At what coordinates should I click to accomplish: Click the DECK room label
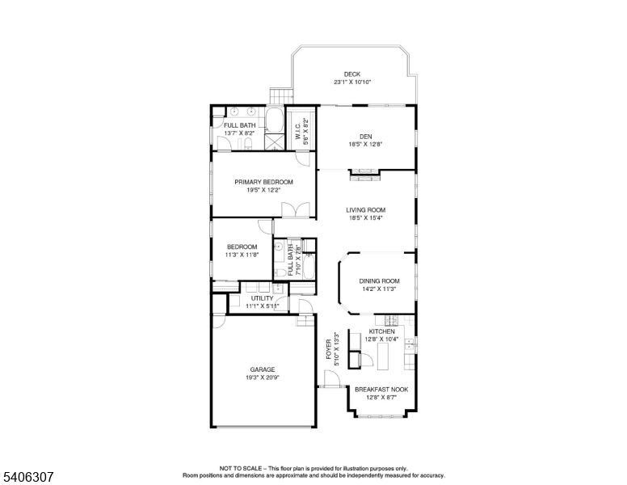click(x=352, y=74)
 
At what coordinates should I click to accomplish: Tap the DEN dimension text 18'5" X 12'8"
click(x=364, y=145)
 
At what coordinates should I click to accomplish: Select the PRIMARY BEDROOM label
click(x=263, y=182)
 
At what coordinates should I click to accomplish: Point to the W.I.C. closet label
click(x=297, y=137)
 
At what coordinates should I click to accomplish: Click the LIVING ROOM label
click(x=365, y=209)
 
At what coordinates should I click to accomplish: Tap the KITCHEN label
click(x=382, y=331)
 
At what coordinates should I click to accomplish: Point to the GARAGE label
click(x=251, y=369)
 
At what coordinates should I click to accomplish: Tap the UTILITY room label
click(x=262, y=298)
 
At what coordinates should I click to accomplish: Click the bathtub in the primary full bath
click(x=275, y=122)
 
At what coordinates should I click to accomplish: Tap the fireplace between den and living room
click(x=361, y=171)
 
